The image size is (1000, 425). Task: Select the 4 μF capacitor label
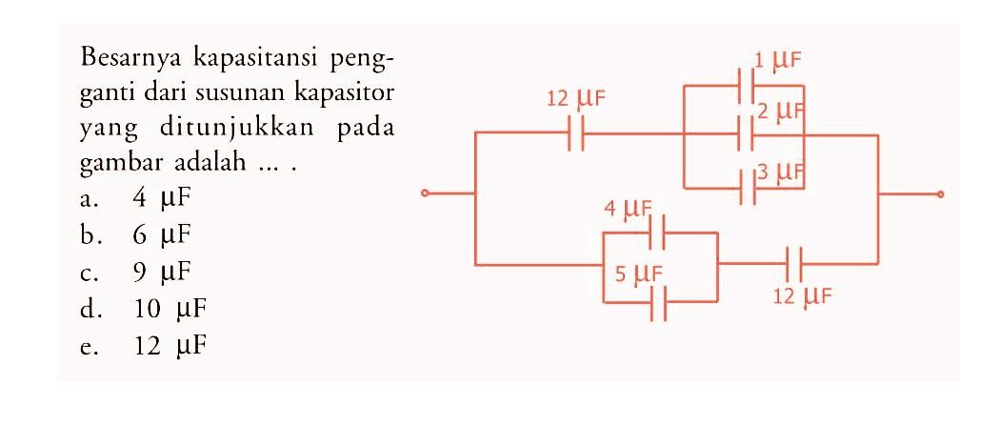[x=627, y=208]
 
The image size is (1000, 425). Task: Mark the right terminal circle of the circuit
[x=941, y=194]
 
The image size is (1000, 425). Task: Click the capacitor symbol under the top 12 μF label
[x=575, y=135]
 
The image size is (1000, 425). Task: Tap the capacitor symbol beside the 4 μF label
[x=657, y=232]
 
